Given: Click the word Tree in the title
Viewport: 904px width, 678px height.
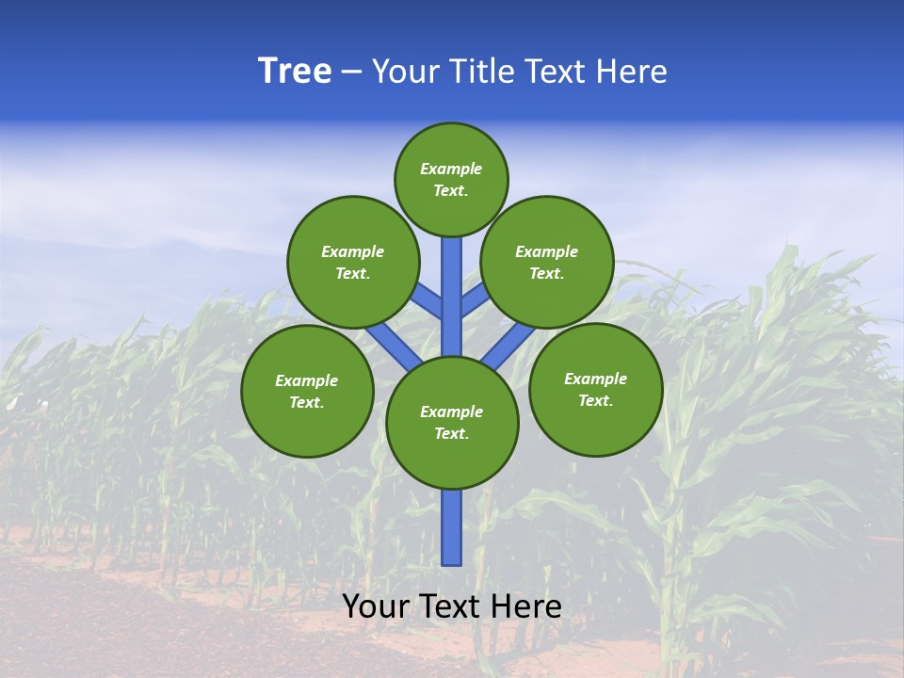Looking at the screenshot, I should [295, 72].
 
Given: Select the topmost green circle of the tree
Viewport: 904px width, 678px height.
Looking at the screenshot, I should [451, 179].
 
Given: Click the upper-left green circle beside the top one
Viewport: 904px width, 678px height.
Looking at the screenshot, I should [353, 262].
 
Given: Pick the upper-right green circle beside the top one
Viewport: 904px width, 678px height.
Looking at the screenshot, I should [547, 262].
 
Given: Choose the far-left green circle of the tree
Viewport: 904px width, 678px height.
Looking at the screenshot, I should [307, 391].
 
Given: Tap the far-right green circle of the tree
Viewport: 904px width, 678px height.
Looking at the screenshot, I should [595, 389].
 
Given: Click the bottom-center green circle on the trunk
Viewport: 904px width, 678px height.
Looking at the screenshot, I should [452, 423].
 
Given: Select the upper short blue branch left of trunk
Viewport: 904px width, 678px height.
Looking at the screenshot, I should [429, 303].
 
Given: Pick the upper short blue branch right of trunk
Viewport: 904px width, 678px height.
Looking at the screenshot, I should [474, 301].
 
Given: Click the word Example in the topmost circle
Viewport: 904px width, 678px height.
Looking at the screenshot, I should [451, 169].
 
